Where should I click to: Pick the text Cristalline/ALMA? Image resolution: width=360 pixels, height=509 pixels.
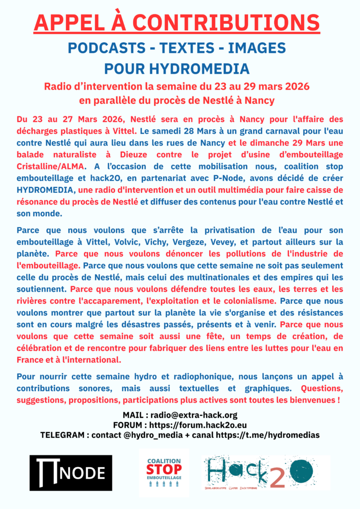pyautogui.click(x=51, y=154)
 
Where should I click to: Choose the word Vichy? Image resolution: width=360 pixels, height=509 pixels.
pyautogui.click(x=186, y=242)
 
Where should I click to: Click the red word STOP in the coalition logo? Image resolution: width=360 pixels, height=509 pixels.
pyautogui.click(x=164, y=469)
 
